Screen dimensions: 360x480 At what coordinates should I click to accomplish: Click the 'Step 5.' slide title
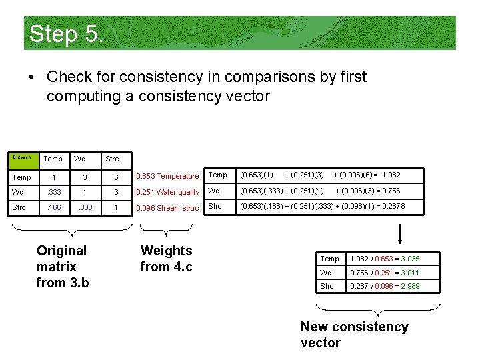[x=66, y=34]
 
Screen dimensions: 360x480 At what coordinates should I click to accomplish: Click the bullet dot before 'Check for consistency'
[x=31, y=77]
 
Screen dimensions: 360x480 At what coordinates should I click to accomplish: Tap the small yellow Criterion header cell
[x=22, y=157]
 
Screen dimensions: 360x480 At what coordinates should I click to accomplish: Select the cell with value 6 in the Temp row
[x=116, y=177]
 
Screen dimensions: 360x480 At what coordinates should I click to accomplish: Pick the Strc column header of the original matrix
[x=111, y=159]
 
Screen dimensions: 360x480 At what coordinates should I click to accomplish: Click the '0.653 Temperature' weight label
[x=167, y=176]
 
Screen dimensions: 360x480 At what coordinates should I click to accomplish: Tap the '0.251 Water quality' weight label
[x=167, y=192]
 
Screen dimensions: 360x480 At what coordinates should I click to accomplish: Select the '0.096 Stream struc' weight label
[x=167, y=208]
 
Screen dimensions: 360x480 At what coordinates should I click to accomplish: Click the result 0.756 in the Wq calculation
[x=387, y=191]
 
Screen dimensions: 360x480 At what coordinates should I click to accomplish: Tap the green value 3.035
[x=409, y=259]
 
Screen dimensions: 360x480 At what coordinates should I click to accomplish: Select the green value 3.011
[x=409, y=273]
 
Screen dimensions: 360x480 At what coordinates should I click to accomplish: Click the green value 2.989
[x=409, y=286]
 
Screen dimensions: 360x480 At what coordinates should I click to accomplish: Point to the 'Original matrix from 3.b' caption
[x=62, y=267]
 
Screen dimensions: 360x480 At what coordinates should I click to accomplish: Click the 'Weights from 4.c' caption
[x=166, y=259]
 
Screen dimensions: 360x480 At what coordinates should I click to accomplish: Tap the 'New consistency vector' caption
[x=354, y=335]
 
